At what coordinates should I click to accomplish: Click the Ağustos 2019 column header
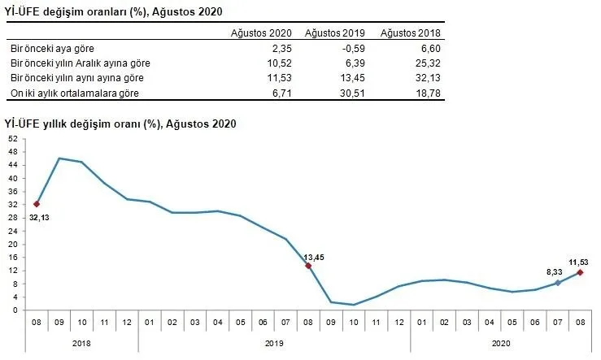(334, 33)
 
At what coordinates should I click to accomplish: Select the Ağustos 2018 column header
(410, 33)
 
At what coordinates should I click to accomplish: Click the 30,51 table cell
(352, 93)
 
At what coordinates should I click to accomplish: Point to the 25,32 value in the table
(428, 63)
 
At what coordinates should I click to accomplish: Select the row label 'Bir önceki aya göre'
(52, 49)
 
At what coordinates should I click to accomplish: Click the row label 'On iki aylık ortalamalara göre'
(74, 93)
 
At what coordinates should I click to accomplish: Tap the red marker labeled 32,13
(37, 204)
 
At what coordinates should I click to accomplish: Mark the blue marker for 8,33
(558, 283)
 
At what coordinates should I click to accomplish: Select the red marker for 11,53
(581, 272)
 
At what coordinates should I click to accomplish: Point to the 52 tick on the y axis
(13, 139)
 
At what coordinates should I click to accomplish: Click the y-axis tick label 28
(13, 218)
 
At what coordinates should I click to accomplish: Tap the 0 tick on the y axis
(15, 310)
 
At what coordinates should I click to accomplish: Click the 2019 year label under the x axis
(274, 343)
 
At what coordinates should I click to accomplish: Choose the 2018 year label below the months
(81, 343)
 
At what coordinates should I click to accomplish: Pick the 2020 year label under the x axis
(501, 343)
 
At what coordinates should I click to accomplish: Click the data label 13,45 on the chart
(314, 258)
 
